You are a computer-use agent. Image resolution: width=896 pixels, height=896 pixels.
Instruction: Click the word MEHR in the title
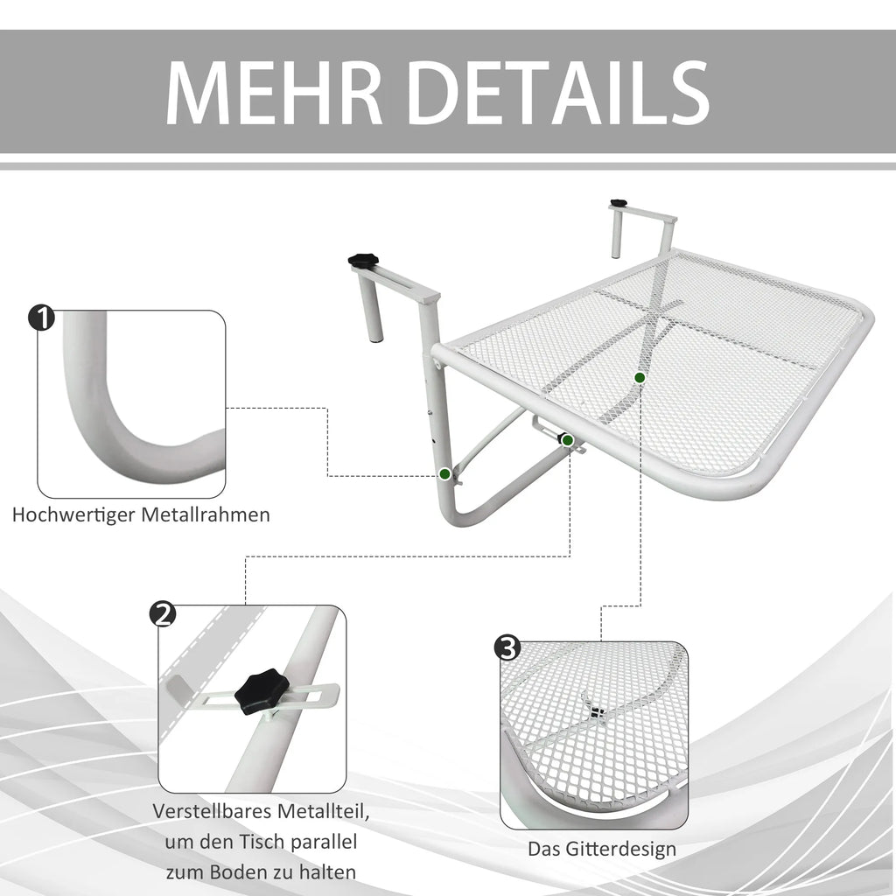click(274, 92)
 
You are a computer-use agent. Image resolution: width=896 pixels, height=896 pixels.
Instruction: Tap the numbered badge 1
click(41, 318)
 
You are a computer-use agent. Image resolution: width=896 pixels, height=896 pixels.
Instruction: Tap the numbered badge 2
click(162, 614)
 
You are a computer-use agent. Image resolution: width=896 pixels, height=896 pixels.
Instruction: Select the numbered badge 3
click(507, 648)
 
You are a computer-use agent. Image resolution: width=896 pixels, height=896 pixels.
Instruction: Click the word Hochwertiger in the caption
click(73, 514)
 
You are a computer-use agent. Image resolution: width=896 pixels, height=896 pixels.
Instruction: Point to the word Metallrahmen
click(206, 514)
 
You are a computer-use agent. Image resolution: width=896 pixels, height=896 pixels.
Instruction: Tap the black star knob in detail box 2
click(260, 692)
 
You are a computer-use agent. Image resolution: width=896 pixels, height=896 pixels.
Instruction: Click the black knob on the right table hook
click(618, 203)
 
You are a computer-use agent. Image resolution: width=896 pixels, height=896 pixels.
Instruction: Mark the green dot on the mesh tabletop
click(640, 378)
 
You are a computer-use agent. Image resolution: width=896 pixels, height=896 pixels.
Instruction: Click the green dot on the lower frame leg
click(444, 473)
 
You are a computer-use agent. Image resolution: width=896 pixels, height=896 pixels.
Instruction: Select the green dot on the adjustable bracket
click(567, 440)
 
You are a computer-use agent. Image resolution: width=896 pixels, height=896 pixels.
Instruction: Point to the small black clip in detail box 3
click(597, 712)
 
